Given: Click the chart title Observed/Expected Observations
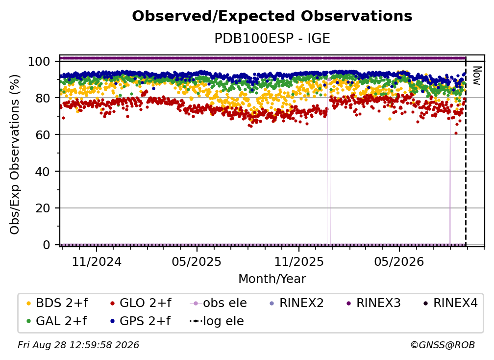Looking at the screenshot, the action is pyautogui.click(x=272, y=16).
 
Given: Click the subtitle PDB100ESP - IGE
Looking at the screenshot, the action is pyautogui.click(x=272, y=38).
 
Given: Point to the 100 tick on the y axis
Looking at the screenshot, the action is pyautogui.click(x=39, y=61).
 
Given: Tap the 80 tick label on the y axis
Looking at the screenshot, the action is pyautogui.click(x=43, y=98).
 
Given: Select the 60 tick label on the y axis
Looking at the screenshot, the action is pyautogui.click(x=43, y=134).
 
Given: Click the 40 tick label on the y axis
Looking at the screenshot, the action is pyautogui.click(x=43, y=172).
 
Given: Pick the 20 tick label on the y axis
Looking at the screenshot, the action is pyautogui.click(x=43, y=208).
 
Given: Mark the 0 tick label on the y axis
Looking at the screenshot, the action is pyautogui.click(x=47, y=245).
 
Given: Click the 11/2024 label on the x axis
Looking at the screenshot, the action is pyautogui.click(x=97, y=261).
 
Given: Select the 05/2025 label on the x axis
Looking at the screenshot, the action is pyautogui.click(x=197, y=261).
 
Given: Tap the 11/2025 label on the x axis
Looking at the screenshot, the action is pyautogui.click(x=299, y=261).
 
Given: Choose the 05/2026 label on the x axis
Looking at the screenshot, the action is pyautogui.click(x=399, y=261).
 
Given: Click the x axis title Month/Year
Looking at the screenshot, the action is pyautogui.click(x=272, y=279).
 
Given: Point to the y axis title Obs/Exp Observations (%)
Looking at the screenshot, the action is pyautogui.click(x=15, y=154).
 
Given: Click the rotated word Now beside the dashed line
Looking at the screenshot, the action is pyautogui.click(x=477, y=76).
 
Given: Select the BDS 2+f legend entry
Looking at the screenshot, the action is pyautogui.click(x=57, y=303).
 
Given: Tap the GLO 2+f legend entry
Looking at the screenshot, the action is pyautogui.click(x=141, y=303).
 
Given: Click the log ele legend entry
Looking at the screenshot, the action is pyautogui.click(x=217, y=321).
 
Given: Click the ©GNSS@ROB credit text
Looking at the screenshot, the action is pyautogui.click(x=443, y=345).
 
